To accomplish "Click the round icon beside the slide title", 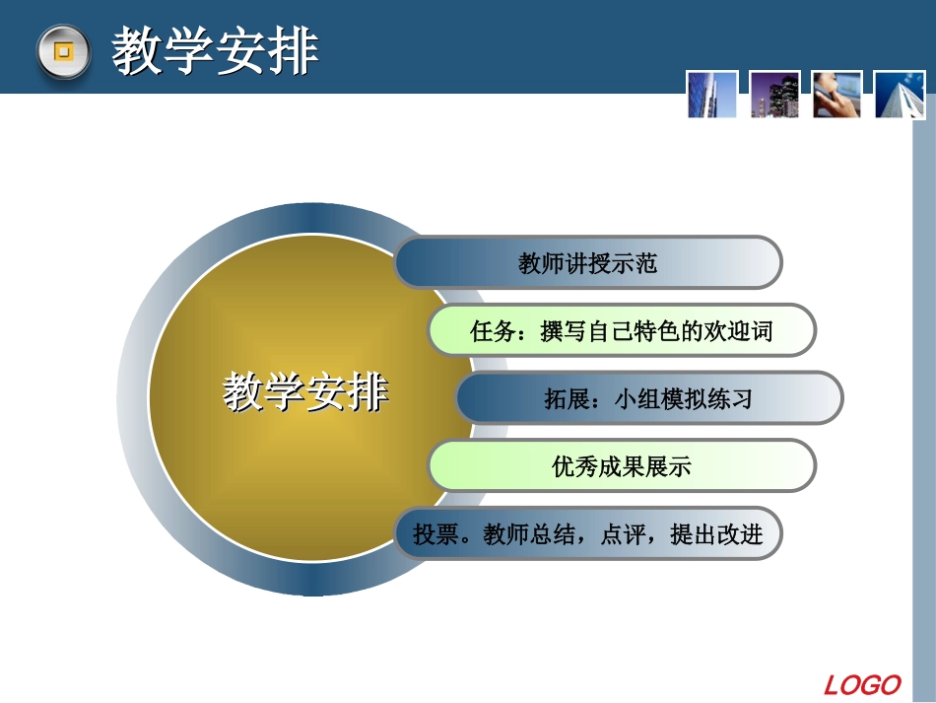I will (x=63, y=52).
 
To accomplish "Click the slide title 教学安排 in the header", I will (x=215, y=51).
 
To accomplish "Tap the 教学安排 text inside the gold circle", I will (x=305, y=392).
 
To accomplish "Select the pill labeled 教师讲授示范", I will (x=587, y=262).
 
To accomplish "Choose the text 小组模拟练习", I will (x=683, y=399).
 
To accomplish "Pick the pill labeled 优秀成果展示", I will (x=622, y=466).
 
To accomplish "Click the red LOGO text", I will (x=862, y=684).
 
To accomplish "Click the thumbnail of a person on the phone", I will (x=837, y=95).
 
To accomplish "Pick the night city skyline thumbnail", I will (x=774, y=95).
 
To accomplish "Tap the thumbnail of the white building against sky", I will (x=900, y=95).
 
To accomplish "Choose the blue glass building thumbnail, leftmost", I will (x=711, y=95).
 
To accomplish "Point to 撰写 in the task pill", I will (x=564, y=331).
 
